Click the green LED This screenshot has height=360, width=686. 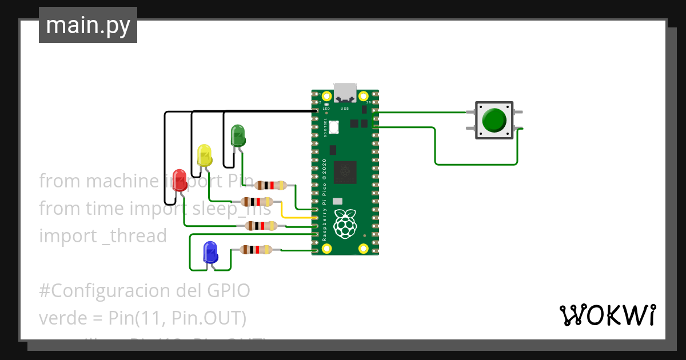(x=238, y=136)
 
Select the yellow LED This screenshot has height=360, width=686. (x=204, y=155)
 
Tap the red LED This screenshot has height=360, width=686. (x=180, y=178)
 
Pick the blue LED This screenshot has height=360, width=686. (x=210, y=251)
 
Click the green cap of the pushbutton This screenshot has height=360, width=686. (x=494, y=120)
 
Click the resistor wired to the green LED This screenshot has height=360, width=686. (x=271, y=185)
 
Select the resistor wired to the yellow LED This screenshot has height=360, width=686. (x=257, y=202)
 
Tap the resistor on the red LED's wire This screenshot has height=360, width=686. (x=261, y=226)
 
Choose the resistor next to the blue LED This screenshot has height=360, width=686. (x=256, y=250)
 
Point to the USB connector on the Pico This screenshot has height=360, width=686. (x=345, y=93)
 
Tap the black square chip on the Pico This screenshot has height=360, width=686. (x=345, y=171)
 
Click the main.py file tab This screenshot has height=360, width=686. (x=88, y=25)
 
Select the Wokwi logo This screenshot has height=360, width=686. (x=607, y=315)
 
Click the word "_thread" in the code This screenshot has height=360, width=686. (x=134, y=235)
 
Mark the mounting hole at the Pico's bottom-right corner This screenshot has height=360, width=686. (x=363, y=248)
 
